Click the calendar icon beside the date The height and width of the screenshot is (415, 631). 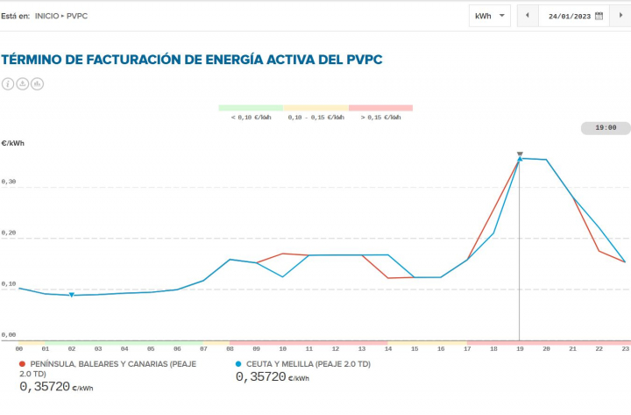click(x=599, y=16)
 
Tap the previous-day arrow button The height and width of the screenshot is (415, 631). click(x=528, y=16)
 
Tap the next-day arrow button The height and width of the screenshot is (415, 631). click(x=621, y=16)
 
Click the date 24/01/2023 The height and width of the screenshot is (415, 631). click(x=569, y=16)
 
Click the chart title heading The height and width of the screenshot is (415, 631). click(x=192, y=60)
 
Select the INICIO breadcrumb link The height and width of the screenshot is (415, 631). click(x=47, y=16)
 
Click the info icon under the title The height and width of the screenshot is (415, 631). click(x=8, y=84)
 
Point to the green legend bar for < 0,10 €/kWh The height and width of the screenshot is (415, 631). click(x=251, y=108)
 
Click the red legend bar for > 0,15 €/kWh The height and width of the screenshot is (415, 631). click(x=380, y=108)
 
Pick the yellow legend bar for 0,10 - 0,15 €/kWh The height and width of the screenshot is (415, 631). click(x=315, y=108)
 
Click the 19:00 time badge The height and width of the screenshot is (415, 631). click(x=606, y=128)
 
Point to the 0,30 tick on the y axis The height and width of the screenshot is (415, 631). click(x=9, y=182)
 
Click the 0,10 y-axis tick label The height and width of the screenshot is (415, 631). click(x=9, y=284)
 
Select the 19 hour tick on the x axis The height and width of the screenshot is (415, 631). click(x=520, y=348)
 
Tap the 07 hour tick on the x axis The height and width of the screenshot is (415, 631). click(x=203, y=348)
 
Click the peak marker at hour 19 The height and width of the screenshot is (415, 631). click(x=520, y=159)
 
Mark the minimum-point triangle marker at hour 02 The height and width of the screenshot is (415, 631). click(x=72, y=295)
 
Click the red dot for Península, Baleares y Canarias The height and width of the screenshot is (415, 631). click(x=22, y=363)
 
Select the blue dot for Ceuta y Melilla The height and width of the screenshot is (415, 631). click(x=239, y=363)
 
